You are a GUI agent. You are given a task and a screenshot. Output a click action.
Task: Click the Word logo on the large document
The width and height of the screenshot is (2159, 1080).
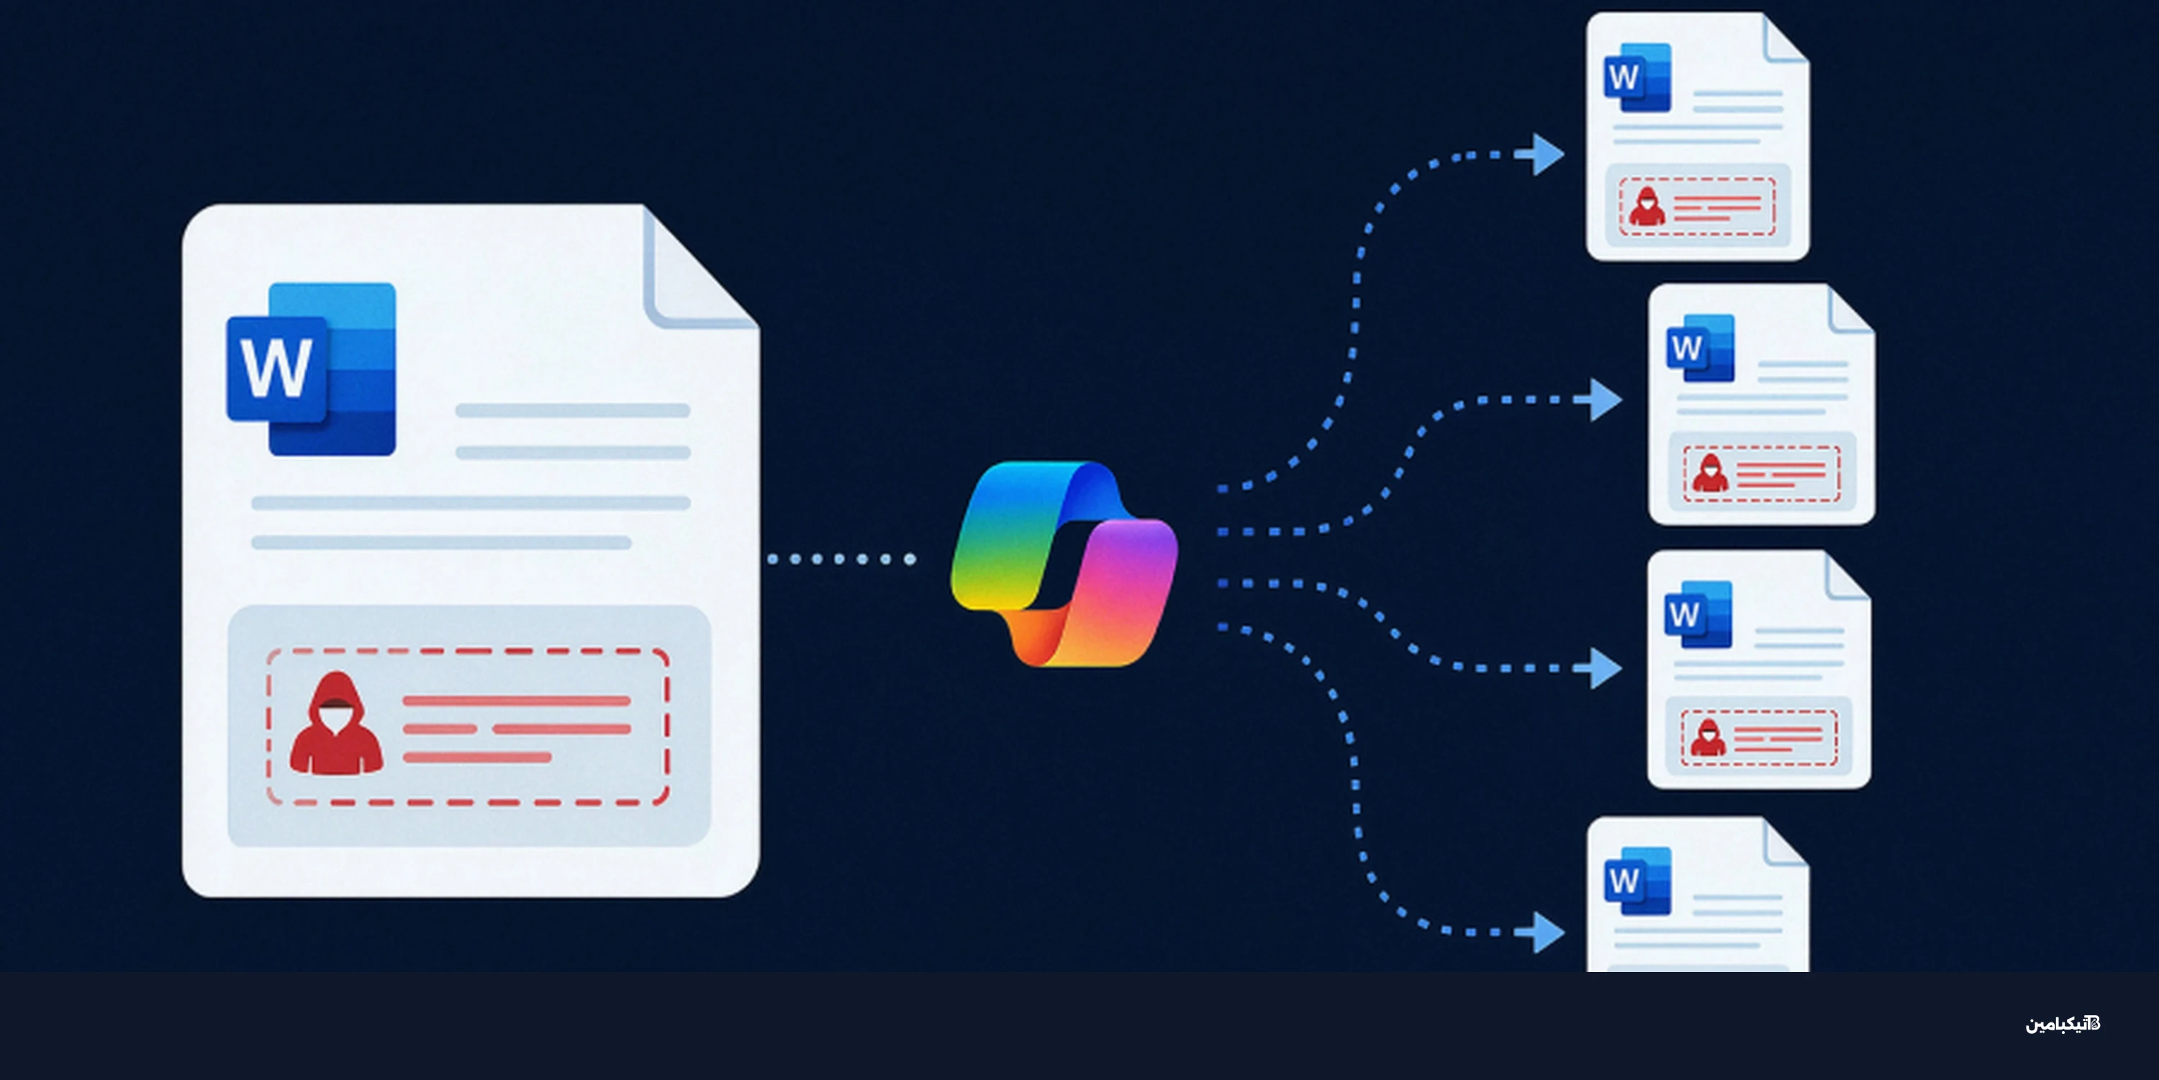(x=311, y=369)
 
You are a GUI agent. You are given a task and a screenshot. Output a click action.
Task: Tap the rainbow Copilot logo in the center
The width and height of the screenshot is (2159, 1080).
(x=1064, y=564)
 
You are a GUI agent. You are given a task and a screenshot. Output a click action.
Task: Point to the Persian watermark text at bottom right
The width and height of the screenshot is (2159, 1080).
(x=2063, y=1024)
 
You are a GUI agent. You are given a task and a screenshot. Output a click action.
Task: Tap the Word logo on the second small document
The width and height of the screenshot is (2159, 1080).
(x=1701, y=348)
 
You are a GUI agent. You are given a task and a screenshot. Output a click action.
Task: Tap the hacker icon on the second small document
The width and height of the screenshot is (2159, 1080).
(x=1710, y=473)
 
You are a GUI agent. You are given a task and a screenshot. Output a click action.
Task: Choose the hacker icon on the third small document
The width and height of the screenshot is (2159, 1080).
(x=1708, y=737)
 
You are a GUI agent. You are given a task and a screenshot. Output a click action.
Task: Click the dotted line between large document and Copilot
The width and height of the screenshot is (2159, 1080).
(x=841, y=559)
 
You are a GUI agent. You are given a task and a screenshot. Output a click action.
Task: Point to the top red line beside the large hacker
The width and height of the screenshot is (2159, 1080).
(x=516, y=701)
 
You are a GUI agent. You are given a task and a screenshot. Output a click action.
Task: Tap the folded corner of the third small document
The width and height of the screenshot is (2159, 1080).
(x=1847, y=576)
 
